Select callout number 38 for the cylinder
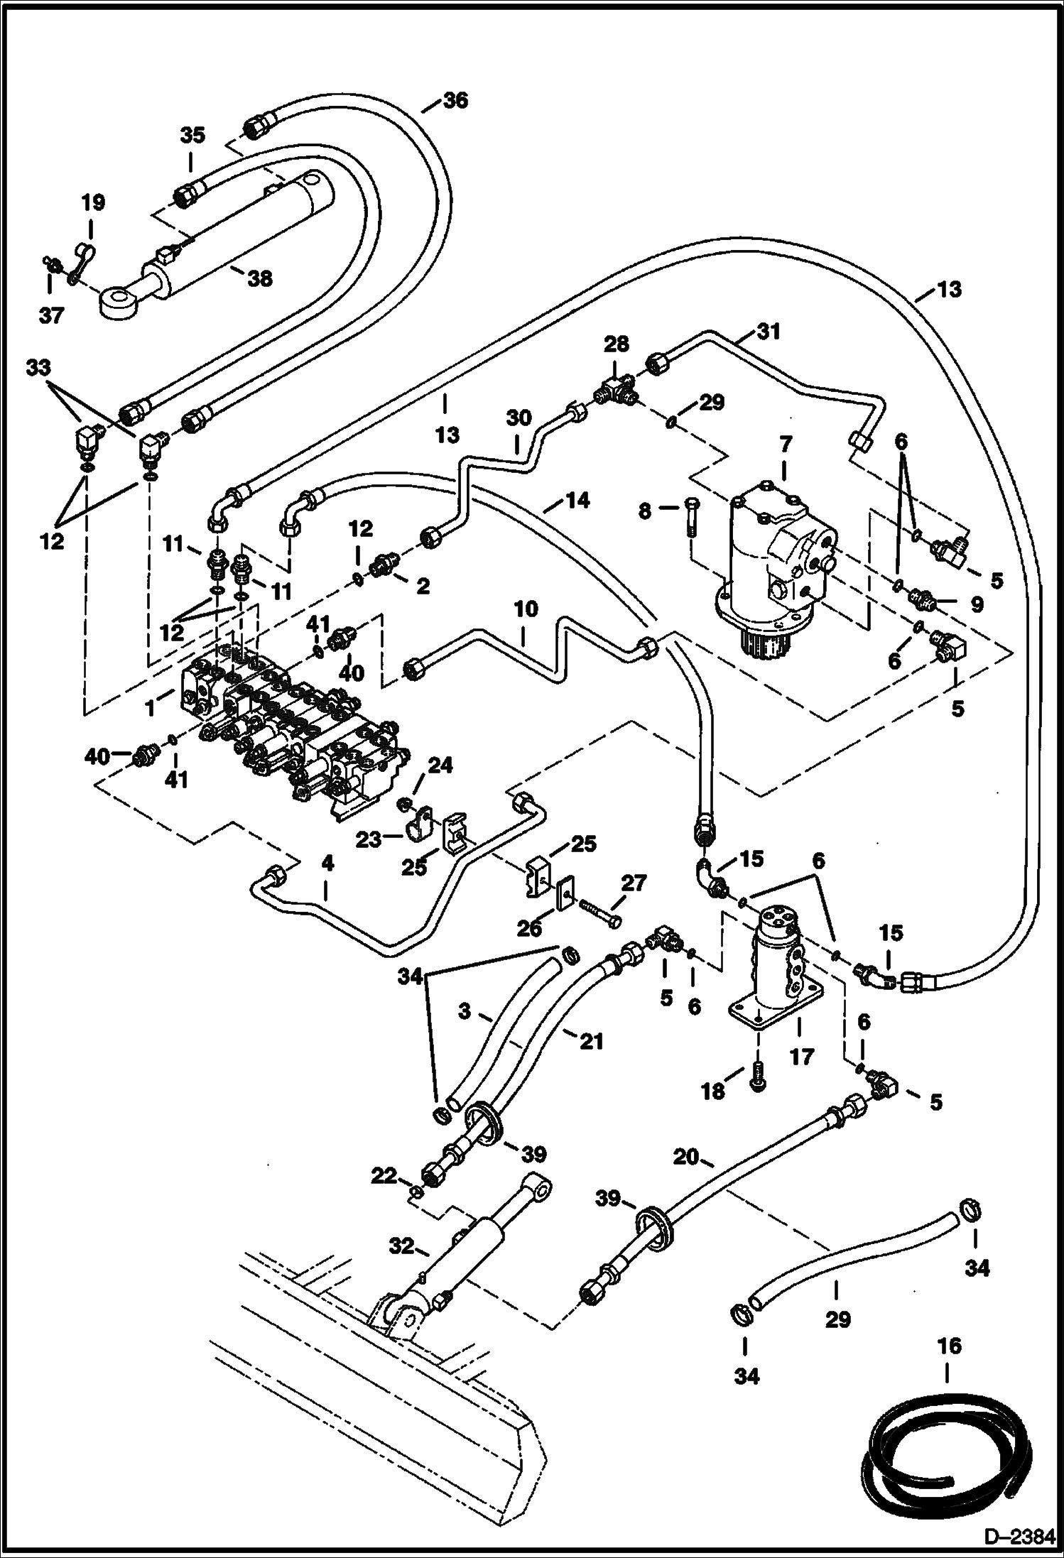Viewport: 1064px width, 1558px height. [260, 278]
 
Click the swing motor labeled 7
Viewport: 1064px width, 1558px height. [774, 561]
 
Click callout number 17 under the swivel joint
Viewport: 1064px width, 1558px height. [801, 1057]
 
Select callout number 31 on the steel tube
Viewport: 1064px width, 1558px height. [769, 331]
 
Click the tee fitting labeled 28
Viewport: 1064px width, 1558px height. [615, 391]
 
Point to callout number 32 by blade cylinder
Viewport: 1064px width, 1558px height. [401, 1246]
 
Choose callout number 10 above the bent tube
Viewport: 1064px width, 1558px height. [526, 609]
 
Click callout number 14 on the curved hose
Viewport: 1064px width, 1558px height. [577, 501]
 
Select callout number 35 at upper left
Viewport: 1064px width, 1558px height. [192, 135]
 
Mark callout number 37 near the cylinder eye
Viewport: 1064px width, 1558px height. [51, 315]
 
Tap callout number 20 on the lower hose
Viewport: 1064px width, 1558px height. [686, 1157]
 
